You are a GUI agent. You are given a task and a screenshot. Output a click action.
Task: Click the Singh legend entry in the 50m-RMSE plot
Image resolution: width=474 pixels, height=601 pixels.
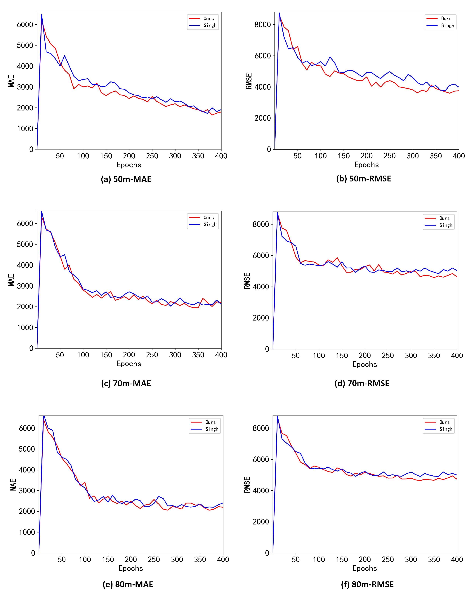pos(447,25)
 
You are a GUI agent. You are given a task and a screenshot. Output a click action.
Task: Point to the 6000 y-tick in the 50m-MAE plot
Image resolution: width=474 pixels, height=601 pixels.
pos(25,24)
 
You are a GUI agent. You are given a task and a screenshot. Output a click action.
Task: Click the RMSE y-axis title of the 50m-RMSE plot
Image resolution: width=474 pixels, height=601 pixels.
pos(249,81)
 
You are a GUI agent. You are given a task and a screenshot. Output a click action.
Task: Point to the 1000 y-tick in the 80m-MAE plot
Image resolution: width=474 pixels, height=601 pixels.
pos(27,532)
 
